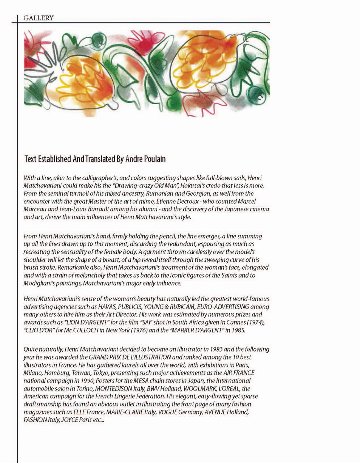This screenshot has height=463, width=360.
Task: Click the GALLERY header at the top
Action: coord(38,18)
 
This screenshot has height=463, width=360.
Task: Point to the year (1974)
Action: coord(258,323)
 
